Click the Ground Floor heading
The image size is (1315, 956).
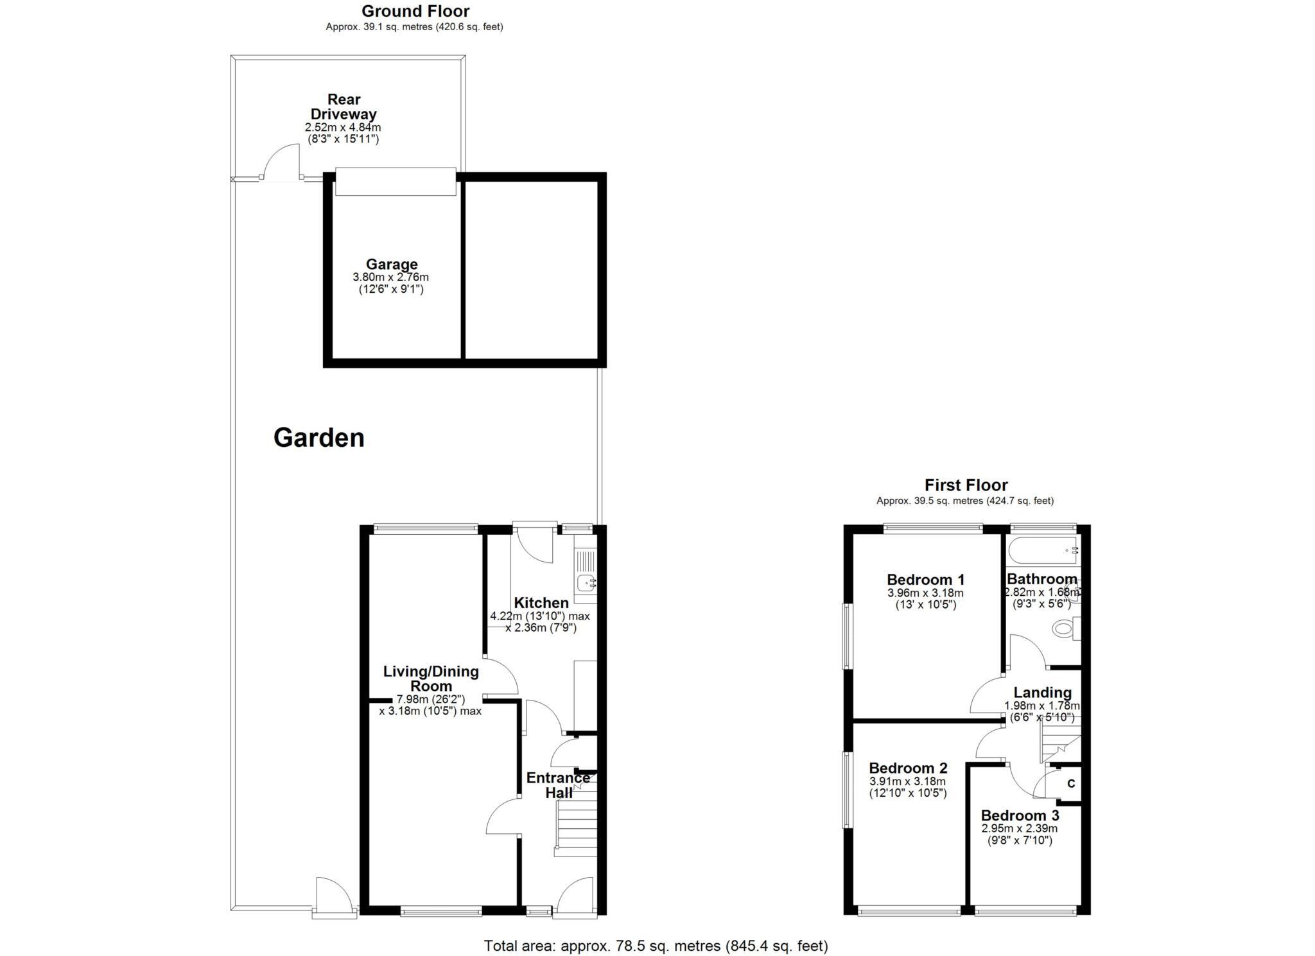tap(415, 11)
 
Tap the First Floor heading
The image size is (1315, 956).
tap(965, 485)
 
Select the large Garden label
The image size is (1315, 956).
tap(318, 438)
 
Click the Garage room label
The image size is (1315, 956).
tap(391, 264)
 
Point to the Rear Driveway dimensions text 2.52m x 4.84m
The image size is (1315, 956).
tap(342, 127)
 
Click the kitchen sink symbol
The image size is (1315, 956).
tap(586, 583)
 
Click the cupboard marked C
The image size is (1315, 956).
tap(1070, 783)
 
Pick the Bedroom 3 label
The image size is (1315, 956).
tap(1020, 815)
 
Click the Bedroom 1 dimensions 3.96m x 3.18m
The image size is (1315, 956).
tap(925, 593)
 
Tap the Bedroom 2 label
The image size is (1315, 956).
tap(908, 768)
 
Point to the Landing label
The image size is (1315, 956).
tap(1042, 692)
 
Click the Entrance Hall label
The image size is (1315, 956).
tap(557, 785)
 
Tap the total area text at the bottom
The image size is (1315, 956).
tap(656, 945)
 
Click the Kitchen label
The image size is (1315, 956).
tap(541, 602)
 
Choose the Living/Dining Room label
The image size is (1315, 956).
tap(431, 678)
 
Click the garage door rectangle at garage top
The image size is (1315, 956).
tap(395, 182)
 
